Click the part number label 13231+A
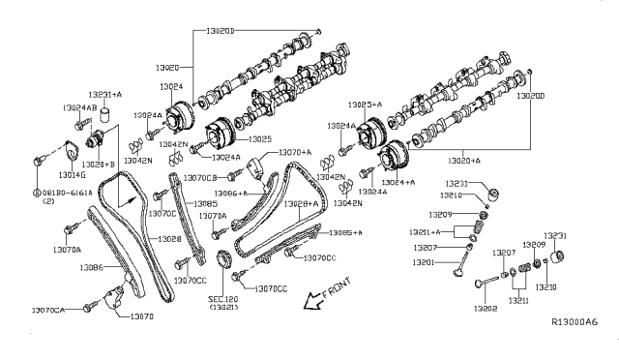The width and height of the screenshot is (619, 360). [103, 94]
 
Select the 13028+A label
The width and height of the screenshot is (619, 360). [296, 204]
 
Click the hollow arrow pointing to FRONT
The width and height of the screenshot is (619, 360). [311, 300]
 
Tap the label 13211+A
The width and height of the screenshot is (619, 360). [420, 232]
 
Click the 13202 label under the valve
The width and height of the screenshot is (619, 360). [486, 309]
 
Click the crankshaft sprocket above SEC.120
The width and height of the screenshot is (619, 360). [224, 261]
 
